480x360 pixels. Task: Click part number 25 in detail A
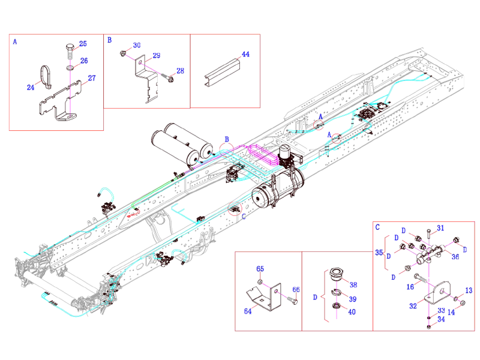[83, 44]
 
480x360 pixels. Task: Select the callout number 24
[31, 88]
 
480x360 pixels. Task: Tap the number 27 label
[92, 78]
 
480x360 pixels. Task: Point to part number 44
[245, 54]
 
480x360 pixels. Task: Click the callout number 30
[137, 46]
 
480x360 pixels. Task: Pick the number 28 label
[180, 71]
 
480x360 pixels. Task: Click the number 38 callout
[353, 285]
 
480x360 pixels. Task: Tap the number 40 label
[353, 312]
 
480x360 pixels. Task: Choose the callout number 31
[440, 227]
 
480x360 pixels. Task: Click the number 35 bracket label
[379, 253]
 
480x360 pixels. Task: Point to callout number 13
[469, 290]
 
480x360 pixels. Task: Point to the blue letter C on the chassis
[243, 218]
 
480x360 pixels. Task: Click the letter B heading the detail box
[110, 40]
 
